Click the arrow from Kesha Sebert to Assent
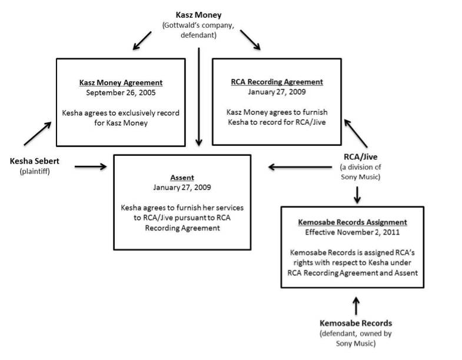click(91, 167)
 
